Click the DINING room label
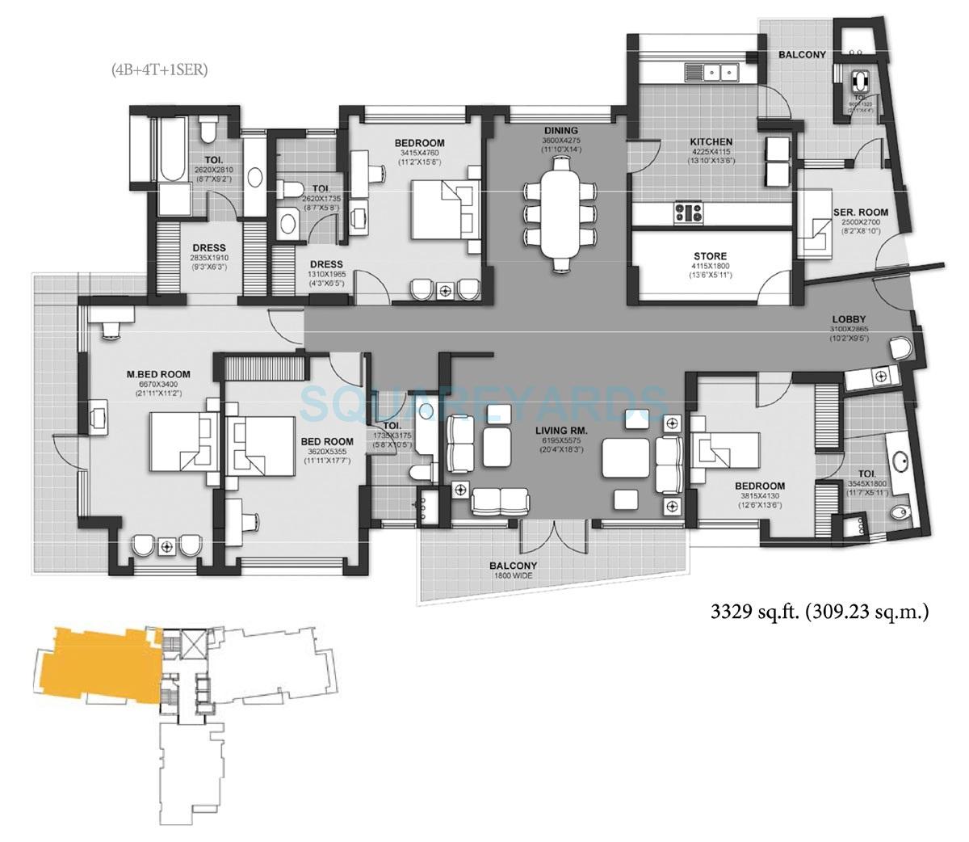pos(560,130)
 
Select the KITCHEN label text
pos(711,141)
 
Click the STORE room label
pos(708,256)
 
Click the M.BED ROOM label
pos(158,373)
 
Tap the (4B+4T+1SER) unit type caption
pos(159,70)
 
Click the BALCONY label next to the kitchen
pos(802,55)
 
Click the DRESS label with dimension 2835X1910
pos(208,248)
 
